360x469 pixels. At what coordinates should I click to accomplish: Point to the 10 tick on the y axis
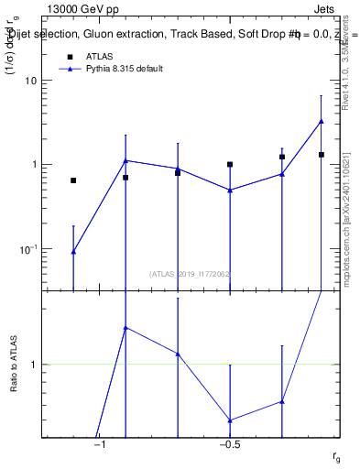tap(32, 81)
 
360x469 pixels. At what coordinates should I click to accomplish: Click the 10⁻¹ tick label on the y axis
tap(28, 249)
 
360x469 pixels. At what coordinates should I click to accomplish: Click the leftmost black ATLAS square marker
tap(73, 180)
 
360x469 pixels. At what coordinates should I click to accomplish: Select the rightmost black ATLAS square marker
tap(322, 155)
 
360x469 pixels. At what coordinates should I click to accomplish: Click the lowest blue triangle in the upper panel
tap(73, 251)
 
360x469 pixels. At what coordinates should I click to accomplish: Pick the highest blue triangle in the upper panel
tap(322, 121)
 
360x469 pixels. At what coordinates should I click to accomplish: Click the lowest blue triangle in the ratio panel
tap(230, 420)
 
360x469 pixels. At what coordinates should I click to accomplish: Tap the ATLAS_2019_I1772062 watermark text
tap(190, 274)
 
